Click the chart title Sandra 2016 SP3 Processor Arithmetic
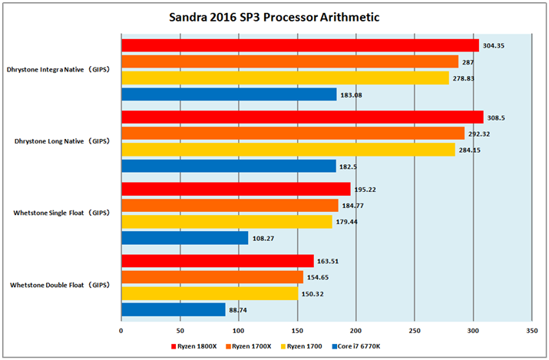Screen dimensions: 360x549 pyautogui.click(x=274, y=17)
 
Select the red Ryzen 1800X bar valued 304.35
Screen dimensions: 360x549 pyautogui.click(x=299, y=45)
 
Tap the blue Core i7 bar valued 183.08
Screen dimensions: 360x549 pyautogui.click(x=229, y=94)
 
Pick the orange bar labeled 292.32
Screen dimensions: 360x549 pyautogui.click(x=293, y=133)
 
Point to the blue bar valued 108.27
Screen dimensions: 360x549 pyautogui.click(x=184, y=238)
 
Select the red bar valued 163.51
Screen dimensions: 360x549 pyautogui.click(x=217, y=261)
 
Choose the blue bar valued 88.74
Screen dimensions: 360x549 pyautogui.click(x=173, y=309)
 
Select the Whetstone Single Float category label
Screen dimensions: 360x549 pyautogui.click(x=61, y=213)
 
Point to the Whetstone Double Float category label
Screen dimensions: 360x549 pyautogui.click(x=60, y=285)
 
